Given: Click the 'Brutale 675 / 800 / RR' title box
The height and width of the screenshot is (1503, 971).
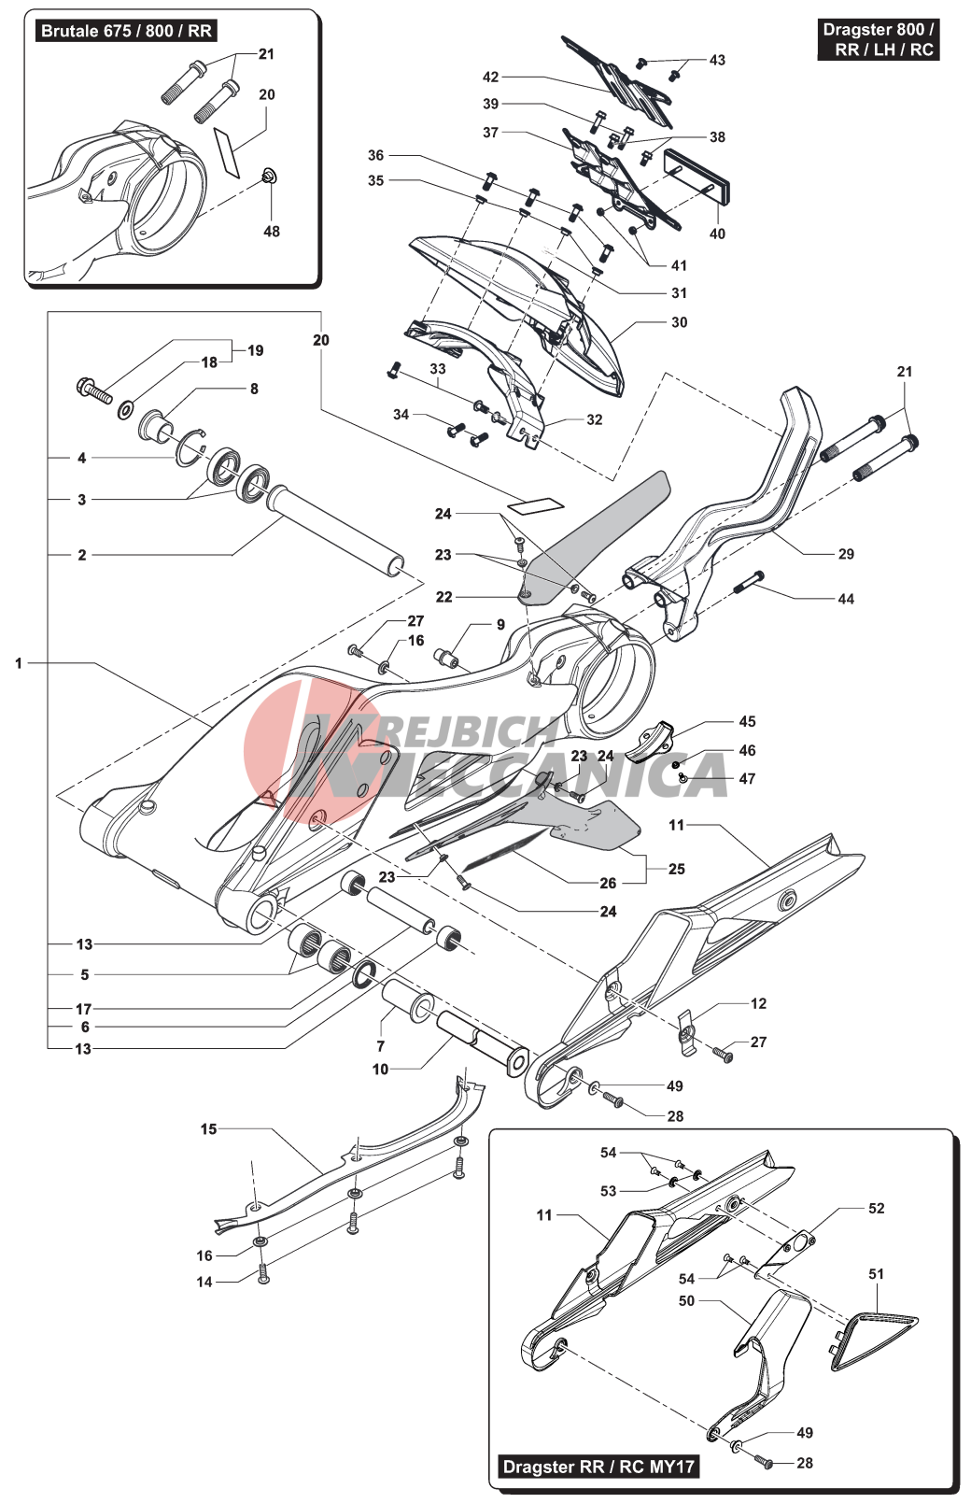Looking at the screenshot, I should (126, 31).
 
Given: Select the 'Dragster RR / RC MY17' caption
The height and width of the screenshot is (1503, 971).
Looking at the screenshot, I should (598, 1466).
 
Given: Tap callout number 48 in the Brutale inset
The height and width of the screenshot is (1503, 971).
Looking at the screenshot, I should (272, 231).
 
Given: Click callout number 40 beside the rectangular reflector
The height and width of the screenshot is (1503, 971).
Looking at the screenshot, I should (717, 234).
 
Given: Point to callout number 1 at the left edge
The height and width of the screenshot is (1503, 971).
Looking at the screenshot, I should (18, 663).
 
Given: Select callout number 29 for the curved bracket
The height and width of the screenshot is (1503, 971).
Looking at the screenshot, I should (846, 554).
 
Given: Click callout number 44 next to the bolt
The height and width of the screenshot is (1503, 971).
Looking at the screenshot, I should (846, 599).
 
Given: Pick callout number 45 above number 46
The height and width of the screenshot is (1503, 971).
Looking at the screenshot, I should (747, 721).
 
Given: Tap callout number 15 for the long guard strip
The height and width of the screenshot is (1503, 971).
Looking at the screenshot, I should (208, 1128).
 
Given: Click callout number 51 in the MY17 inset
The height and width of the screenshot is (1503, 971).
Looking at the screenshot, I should (876, 1273).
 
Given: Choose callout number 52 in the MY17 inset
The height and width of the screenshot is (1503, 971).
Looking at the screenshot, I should (876, 1208).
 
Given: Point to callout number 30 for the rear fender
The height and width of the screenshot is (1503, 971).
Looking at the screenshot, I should (679, 322).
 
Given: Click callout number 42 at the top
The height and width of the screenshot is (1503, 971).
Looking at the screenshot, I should (490, 77).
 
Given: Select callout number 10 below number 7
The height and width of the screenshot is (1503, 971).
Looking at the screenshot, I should (380, 1069).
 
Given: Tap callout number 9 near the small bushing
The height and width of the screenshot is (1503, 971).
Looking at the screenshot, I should (500, 624).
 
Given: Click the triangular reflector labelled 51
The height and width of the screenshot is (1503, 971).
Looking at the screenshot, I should (875, 1339).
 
